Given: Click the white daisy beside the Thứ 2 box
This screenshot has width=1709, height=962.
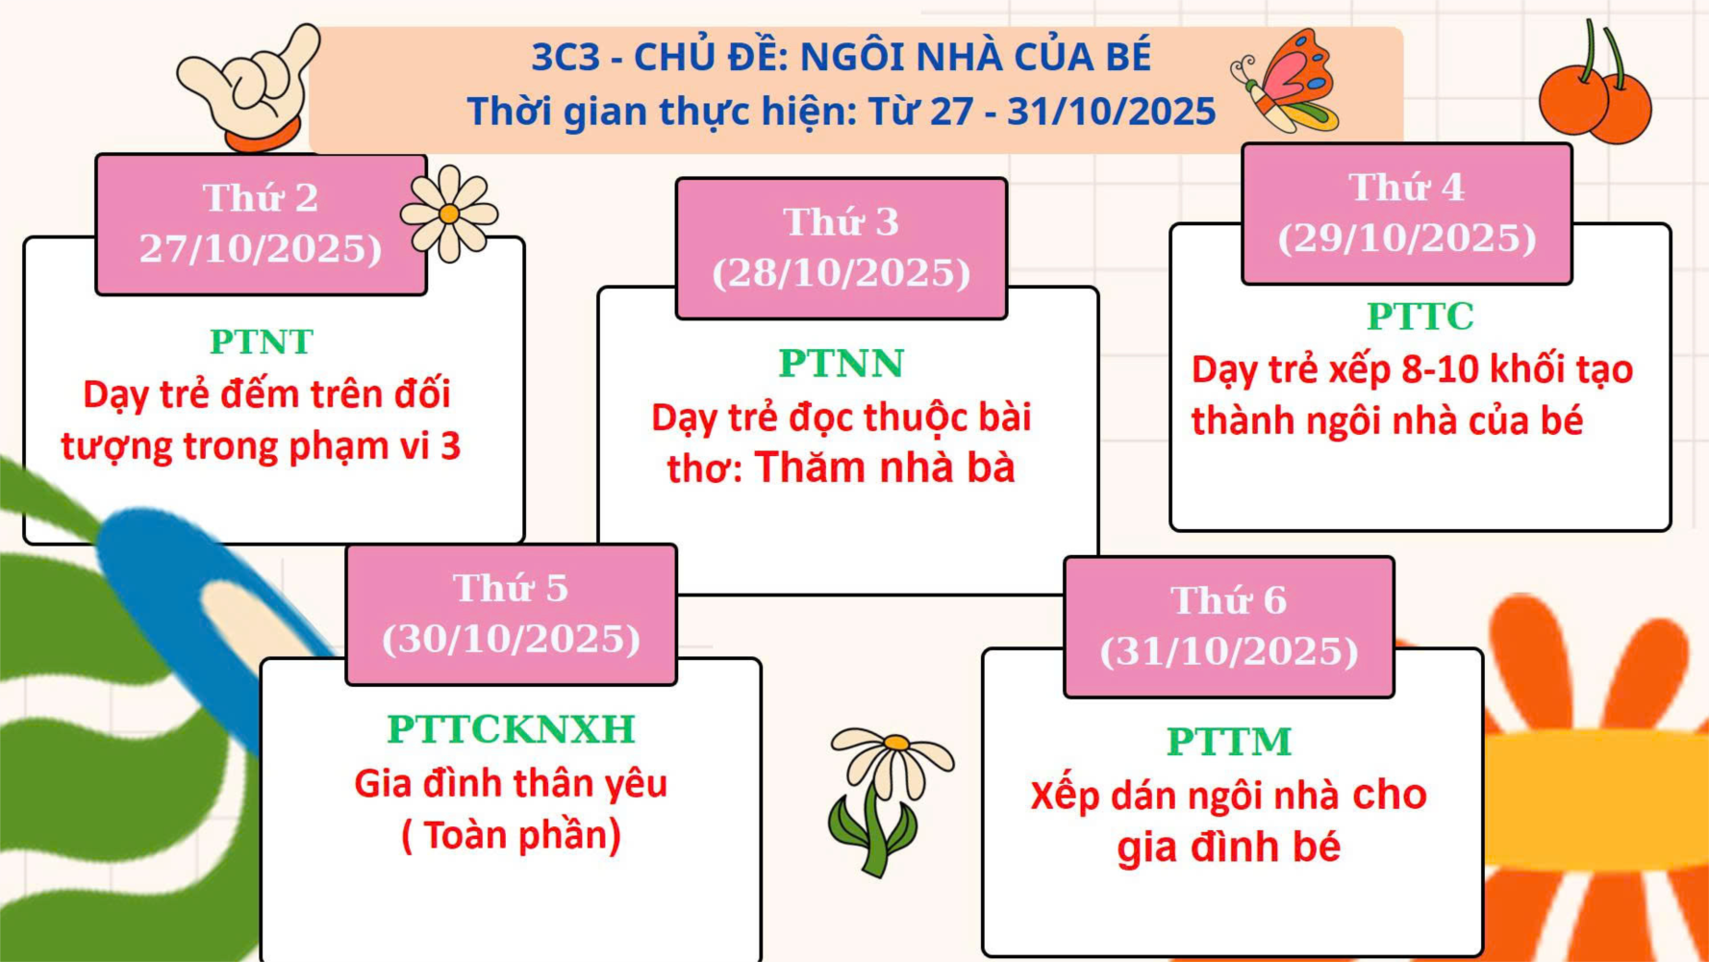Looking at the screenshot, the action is point(449,213).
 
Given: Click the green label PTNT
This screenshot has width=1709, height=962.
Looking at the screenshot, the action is point(262,342).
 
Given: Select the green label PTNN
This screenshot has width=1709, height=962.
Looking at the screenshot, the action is point(842,364).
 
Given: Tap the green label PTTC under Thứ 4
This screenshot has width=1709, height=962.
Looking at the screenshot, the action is point(1420,316).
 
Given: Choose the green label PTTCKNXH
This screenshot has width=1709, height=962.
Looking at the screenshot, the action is point(511,729).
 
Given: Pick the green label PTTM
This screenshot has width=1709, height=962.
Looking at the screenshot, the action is point(1229,742).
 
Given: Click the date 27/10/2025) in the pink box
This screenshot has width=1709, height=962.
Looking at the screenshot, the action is point(261,249).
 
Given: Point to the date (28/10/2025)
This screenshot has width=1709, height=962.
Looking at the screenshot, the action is point(842,273).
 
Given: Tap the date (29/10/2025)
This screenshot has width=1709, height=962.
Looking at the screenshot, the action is point(1407,239).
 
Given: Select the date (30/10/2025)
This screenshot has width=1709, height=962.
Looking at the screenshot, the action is point(511,639).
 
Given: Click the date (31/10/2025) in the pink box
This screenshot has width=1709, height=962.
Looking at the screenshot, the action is point(1229,651).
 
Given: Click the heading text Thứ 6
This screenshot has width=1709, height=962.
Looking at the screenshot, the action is point(1229,600).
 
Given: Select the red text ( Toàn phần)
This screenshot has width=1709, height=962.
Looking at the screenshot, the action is point(511,835).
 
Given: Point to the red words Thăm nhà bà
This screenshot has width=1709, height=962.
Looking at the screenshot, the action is point(885,468).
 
